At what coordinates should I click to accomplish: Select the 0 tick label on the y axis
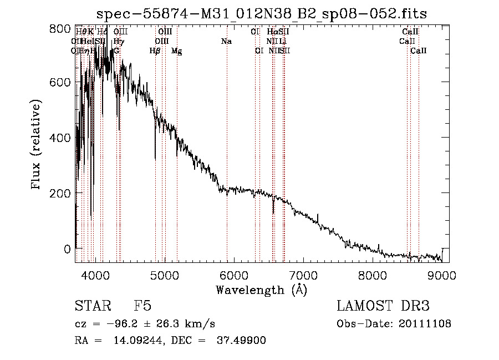pos(67,249)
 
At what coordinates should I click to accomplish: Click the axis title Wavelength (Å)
pos(261,290)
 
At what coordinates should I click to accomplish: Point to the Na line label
pos(226,42)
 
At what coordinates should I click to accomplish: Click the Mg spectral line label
pos(176,51)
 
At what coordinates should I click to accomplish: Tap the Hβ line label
pos(155,51)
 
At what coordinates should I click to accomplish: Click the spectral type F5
pos(142,306)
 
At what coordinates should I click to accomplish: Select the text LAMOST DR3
pos(383,306)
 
